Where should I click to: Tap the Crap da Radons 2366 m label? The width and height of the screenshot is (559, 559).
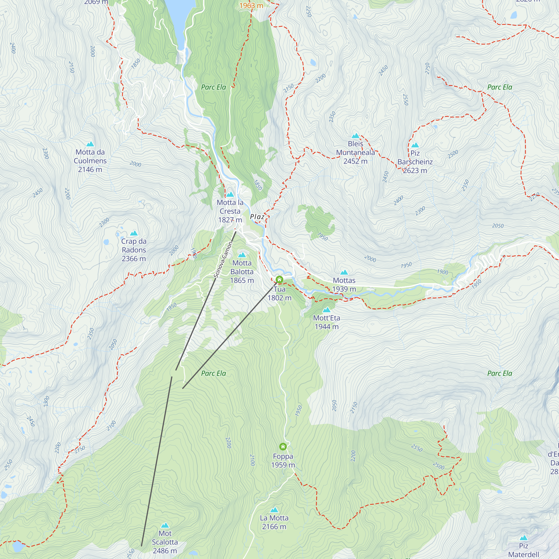(134, 250)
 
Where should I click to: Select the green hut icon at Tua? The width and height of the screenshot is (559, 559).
(279, 279)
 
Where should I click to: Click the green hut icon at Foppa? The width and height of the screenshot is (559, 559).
(283, 446)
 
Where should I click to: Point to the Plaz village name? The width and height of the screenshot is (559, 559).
(257, 217)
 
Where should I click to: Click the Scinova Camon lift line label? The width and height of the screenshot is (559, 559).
(223, 260)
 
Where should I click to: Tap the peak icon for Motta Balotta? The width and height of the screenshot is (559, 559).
(242, 255)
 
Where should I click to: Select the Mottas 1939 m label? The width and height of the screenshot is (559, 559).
(344, 285)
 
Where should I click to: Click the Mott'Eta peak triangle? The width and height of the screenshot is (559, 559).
(326, 310)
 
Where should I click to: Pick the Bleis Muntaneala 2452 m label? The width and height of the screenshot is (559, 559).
(355, 152)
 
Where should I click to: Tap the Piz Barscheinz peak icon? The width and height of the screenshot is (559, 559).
(415, 145)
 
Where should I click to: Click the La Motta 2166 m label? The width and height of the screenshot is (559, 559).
(274, 522)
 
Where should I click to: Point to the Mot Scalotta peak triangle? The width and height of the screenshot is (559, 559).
(165, 525)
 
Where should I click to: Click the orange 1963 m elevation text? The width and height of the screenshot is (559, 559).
(251, 5)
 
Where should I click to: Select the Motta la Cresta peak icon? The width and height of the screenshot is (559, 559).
(230, 194)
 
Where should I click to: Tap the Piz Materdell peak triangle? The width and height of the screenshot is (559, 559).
(524, 537)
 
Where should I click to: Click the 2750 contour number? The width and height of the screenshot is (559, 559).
(427, 68)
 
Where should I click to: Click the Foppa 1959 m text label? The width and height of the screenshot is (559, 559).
(283, 460)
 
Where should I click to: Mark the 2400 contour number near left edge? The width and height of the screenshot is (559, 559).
(13, 48)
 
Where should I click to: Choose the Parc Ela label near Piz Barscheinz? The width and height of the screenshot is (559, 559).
(499, 87)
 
